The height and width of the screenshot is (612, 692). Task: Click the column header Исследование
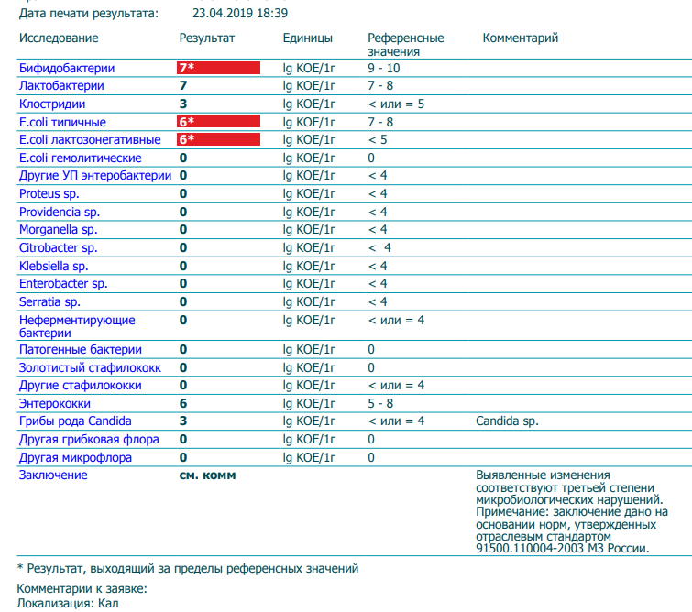(59, 38)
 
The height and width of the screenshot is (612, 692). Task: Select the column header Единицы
(308, 38)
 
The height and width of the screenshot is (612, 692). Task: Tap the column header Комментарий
(521, 38)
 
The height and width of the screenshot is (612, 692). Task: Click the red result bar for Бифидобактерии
(218, 68)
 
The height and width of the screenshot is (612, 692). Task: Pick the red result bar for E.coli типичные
(218, 121)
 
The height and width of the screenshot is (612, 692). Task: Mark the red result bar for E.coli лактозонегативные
(218, 139)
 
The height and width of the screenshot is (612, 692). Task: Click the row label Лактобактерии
(61, 85)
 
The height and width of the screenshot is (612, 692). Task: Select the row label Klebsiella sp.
(53, 266)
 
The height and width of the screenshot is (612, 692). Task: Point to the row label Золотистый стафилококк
(90, 367)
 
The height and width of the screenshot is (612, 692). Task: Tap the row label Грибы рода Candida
(75, 421)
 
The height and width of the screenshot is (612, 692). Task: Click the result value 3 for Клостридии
(183, 104)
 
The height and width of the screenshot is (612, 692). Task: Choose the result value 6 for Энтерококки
(183, 403)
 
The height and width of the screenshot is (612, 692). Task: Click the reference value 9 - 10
(383, 68)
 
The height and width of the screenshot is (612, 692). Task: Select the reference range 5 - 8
(380, 403)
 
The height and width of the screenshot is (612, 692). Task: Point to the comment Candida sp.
(507, 421)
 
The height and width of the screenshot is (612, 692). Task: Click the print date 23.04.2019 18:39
(240, 13)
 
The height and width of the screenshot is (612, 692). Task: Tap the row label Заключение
(53, 475)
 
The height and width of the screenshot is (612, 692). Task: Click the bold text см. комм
(207, 475)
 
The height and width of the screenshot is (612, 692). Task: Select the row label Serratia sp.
(49, 301)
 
